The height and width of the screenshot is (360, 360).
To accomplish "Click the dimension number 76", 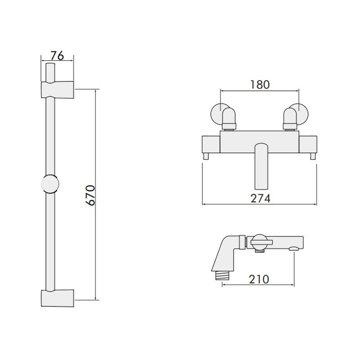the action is pyautogui.click(x=57, y=55).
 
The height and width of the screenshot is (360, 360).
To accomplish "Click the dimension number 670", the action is pyautogui.click(x=90, y=195).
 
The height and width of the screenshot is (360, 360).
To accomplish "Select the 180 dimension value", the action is pyautogui.click(x=260, y=85).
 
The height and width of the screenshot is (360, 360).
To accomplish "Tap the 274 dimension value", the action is pyautogui.click(x=261, y=198).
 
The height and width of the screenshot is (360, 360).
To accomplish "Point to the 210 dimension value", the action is pyautogui.click(x=259, y=279).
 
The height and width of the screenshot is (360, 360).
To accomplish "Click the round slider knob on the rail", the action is pyautogui.click(x=50, y=184).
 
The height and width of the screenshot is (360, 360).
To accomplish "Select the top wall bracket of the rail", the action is pyautogui.click(x=58, y=90).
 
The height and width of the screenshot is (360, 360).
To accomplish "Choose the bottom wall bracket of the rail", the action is pyautogui.click(x=58, y=298).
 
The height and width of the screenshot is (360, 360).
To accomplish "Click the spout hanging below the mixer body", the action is pyautogui.click(x=261, y=166).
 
